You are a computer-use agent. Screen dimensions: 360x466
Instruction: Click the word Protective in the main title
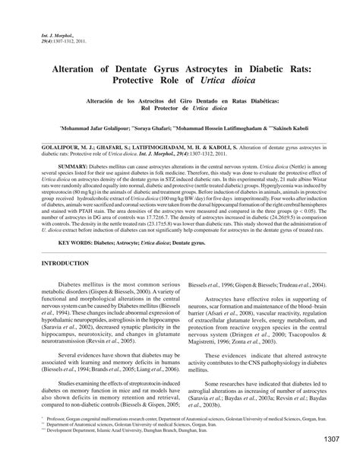pos(144,80)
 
